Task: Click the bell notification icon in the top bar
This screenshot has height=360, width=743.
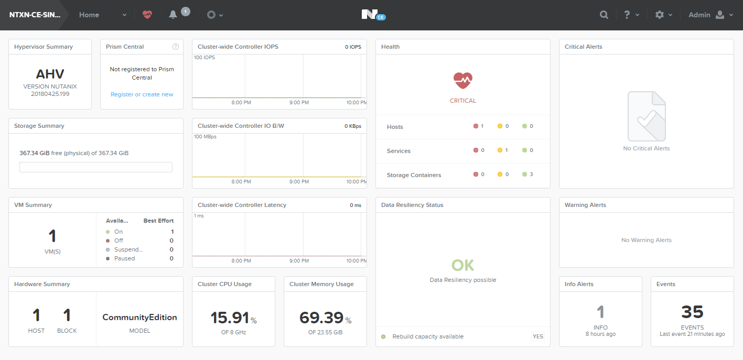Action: pos(173,15)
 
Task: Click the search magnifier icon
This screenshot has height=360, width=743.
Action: pos(604,15)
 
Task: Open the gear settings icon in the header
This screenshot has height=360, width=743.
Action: pos(660,15)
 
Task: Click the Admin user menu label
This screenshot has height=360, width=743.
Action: pos(699,15)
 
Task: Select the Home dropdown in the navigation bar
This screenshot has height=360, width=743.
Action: pos(103,15)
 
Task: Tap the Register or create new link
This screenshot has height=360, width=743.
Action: pos(142,94)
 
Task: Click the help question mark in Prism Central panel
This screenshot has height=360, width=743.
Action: pos(176,47)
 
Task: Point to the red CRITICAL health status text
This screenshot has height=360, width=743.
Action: pos(462,101)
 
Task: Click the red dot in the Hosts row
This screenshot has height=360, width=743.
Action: pos(476,126)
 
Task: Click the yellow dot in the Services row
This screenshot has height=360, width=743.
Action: pos(500,150)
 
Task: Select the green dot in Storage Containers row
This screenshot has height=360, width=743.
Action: pos(524,174)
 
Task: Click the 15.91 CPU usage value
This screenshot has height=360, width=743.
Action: pos(230,318)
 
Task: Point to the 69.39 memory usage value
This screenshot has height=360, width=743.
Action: pos(321,318)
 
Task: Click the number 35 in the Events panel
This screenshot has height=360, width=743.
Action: pos(692,312)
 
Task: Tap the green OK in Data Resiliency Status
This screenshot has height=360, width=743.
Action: pos(462,265)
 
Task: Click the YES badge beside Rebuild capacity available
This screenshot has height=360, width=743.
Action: pos(538,336)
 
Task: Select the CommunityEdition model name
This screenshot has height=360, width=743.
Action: pos(139,317)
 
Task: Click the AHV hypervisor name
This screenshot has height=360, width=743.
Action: pos(50,74)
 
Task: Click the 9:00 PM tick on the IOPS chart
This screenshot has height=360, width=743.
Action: pos(299,102)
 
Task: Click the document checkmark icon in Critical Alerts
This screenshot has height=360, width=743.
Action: pos(647,116)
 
